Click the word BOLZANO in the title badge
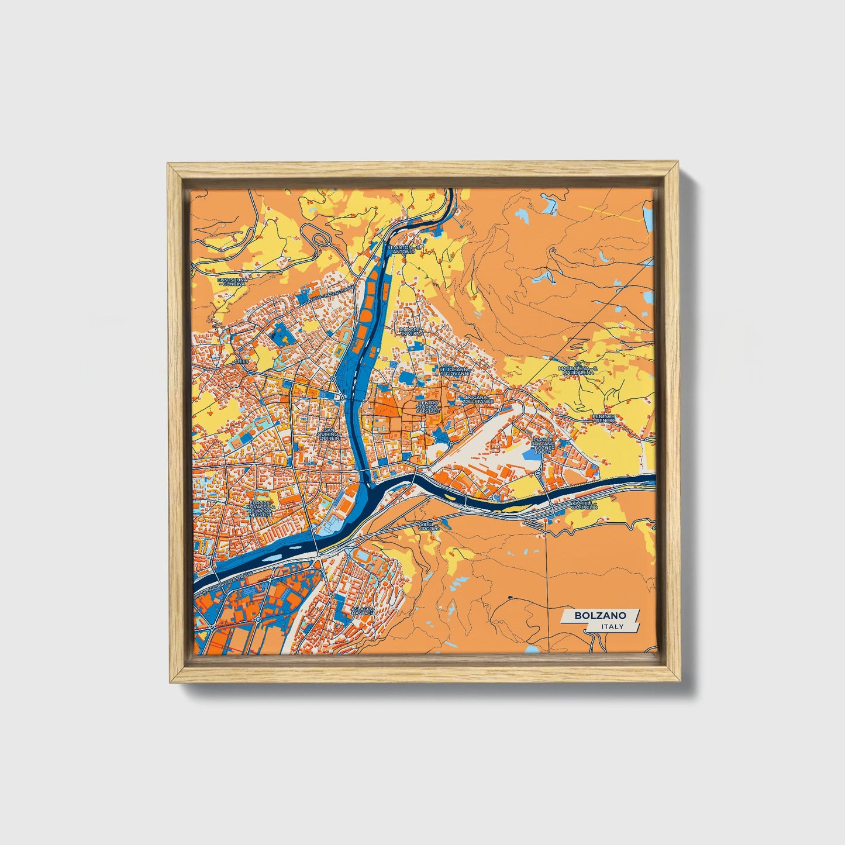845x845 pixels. point(600,615)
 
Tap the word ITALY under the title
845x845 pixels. point(612,626)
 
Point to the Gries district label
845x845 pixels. point(242,362)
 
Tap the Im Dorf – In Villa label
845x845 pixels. point(409,331)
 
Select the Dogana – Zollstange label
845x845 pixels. point(477,400)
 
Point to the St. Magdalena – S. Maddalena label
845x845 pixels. point(578,369)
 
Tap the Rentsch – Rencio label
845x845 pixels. point(604,418)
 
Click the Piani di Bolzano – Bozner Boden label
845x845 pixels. point(543,446)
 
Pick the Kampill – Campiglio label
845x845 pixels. point(585,505)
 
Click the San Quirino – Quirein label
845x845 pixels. point(328,433)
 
